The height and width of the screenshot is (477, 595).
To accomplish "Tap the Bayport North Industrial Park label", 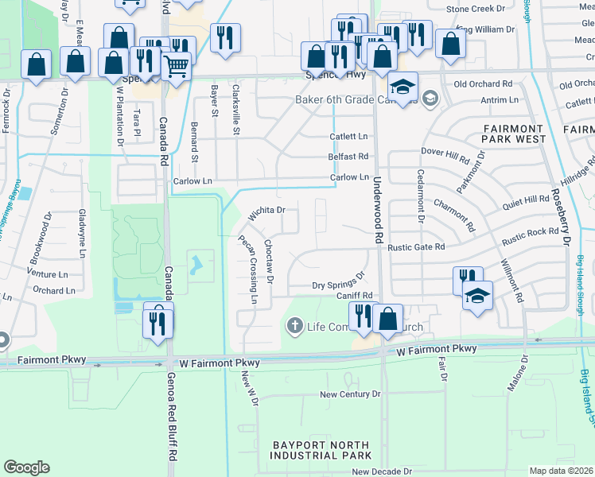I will coord(321,450).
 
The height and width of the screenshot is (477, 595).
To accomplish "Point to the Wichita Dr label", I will coord(266,213).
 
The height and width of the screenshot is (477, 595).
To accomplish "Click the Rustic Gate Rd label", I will coord(415,247).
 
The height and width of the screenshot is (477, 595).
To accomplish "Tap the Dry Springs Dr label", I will coord(337,281).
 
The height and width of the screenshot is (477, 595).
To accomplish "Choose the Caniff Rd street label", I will coord(354,296).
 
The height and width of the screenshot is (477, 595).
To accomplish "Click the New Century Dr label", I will coord(350,394).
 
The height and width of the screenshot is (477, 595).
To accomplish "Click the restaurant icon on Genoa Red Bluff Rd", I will coord(157,322).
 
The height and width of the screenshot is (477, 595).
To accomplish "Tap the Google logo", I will coord(26,467).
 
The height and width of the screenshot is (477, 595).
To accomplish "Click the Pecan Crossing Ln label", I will coord(248,270).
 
